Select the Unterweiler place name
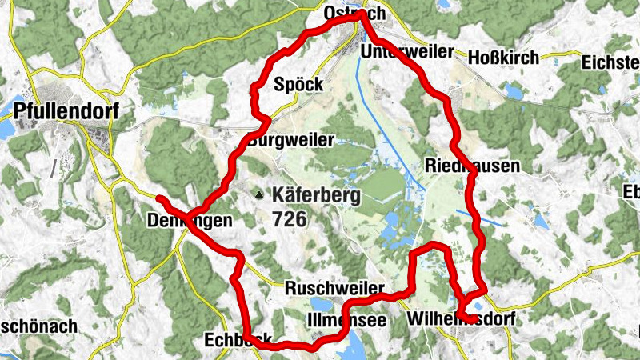pos(406,52)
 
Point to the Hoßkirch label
pos(503,58)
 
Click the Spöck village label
pos(298,84)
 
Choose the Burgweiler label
pos(291,140)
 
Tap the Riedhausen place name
pos(472,166)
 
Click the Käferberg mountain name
pos(316,194)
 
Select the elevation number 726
pos(289,218)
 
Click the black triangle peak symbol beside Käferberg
pos(258,194)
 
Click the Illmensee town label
pos(346,320)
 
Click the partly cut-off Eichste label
pos(610,62)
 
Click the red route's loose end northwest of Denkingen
pos(159,198)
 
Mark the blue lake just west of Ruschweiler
pos(319,303)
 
